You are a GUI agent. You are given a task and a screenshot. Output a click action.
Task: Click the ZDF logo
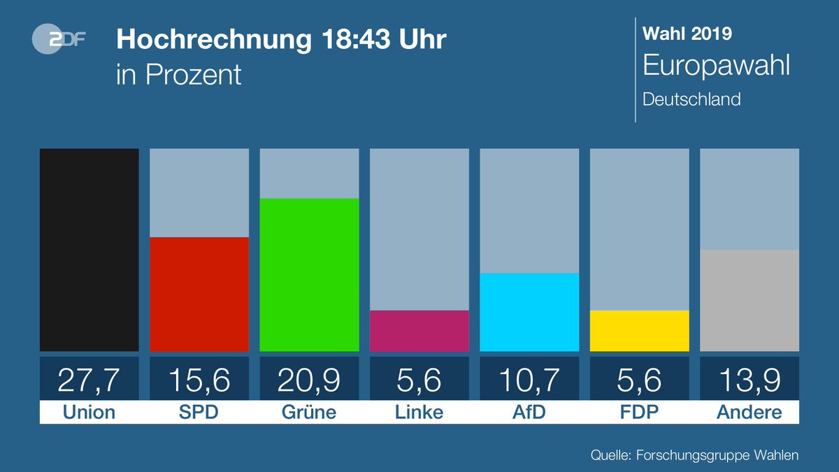(x=59, y=41)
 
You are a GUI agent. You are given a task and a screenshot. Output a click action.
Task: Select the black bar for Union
(x=89, y=250)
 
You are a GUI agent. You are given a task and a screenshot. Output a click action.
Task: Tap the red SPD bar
(x=199, y=294)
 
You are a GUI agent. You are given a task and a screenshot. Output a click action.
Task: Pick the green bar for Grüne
(x=309, y=274)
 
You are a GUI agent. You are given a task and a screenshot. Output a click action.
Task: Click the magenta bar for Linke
(x=419, y=330)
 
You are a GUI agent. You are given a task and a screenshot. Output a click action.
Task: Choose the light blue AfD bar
(x=529, y=312)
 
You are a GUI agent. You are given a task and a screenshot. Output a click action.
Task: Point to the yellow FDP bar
(x=639, y=330)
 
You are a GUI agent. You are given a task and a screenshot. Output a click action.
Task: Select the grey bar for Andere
(x=749, y=300)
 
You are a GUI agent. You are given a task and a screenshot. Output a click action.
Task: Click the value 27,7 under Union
(x=89, y=380)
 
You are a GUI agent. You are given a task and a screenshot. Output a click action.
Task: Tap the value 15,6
(x=199, y=380)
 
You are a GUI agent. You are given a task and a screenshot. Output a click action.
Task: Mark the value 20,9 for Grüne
(x=309, y=380)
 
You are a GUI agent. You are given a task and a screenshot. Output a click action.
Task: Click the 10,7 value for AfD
(x=529, y=380)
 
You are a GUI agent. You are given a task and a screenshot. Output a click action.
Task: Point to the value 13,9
(x=749, y=380)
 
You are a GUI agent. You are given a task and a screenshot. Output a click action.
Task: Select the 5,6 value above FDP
(x=639, y=380)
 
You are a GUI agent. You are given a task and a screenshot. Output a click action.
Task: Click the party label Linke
(x=419, y=413)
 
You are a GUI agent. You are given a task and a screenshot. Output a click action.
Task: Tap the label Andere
(x=749, y=413)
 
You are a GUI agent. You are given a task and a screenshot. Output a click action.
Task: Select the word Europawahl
(x=716, y=66)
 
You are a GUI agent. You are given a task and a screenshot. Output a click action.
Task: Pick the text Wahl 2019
(x=687, y=33)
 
